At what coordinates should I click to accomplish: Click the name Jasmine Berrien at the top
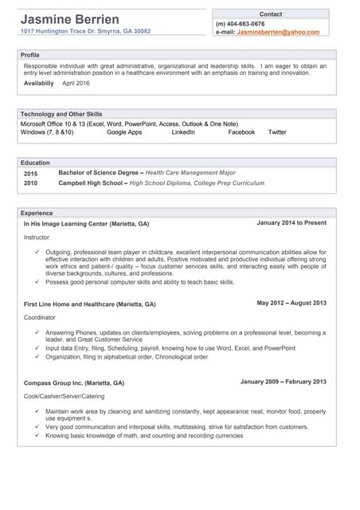pyautogui.click(x=70, y=18)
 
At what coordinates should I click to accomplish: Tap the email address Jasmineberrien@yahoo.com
pyautogui.click(x=278, y=33)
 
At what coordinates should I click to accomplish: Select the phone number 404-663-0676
pyautogui.click(x=246, y=24)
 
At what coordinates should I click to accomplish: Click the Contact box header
pyautogui.click(x=271, y=14)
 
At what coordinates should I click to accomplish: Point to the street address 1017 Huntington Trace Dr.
pyautogui.click(x=60, y=31)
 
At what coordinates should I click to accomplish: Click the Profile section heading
pyautogui.click(x=30, y=55)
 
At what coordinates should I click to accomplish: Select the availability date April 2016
pyautogui.click(x=76, y=83)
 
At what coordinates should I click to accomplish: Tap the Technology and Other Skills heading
pyautogui.click(x=61, y=114)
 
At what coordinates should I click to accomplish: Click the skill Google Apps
pyautogui.click(x=124, y=132)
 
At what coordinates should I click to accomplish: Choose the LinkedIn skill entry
pyautogui.click(x=183, y=132)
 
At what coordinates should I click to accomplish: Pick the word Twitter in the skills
pyautogui.click(x=277, y=132)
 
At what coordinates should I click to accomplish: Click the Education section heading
pyautogui.click(x=35, y=163)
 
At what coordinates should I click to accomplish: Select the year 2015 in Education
pyautogui.click(x=30, y=173)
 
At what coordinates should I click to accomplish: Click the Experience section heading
pyautogui.click(x=37, y=214)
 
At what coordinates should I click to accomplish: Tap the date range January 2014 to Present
pyautogui.click(x=292, y=223)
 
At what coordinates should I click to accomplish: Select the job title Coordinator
pyautogui.click(x=41, y=317)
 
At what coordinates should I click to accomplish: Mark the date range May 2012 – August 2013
pyautogui.click(x=292, y=304)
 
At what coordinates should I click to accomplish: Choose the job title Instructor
pyautogui.click(x=37, y=237)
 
